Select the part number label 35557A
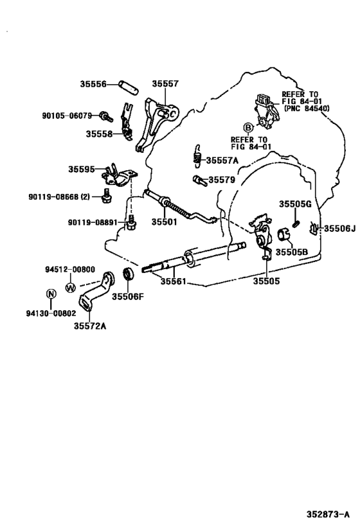click(222, 160)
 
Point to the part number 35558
click(100, 134)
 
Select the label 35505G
click(295, 204)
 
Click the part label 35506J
click(339, 228)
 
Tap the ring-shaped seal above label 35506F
click(128, 277)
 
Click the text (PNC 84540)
click(306, 109)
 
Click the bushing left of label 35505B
click(283, 233)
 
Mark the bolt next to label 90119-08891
click(131, 222)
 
